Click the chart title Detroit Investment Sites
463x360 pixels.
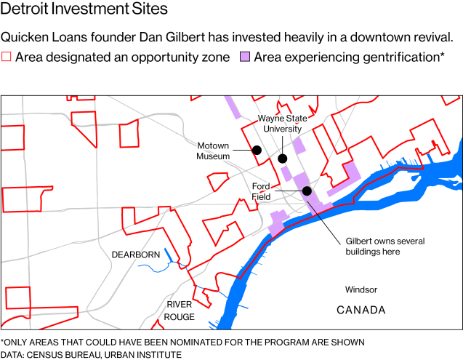pos(84,9)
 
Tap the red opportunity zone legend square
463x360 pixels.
pos(7,57)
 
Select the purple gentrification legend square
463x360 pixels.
pos(245,57)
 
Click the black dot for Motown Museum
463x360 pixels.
pos(257,151)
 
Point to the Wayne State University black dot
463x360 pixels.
pos(283,158)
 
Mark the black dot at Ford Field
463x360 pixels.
pos(307,191)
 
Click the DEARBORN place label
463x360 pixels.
pos(135,255)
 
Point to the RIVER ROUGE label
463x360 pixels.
pos(180,311)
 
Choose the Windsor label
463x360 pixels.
pos(361,289)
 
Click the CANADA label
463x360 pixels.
pos(361,311)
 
